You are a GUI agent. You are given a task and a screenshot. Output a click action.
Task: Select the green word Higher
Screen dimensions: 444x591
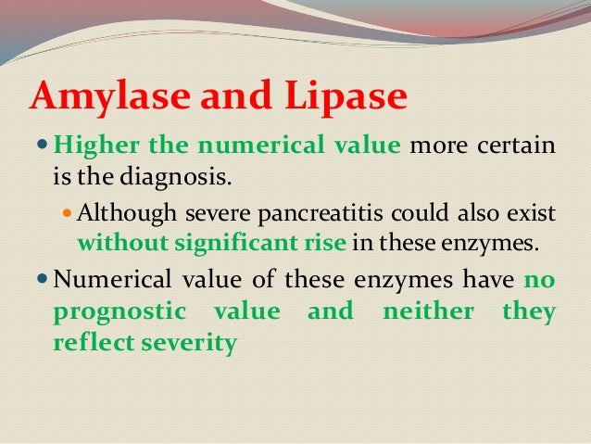89,146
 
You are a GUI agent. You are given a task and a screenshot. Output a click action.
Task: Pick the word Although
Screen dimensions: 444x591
119,213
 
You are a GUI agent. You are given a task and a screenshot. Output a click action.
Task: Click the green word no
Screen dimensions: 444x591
539,282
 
